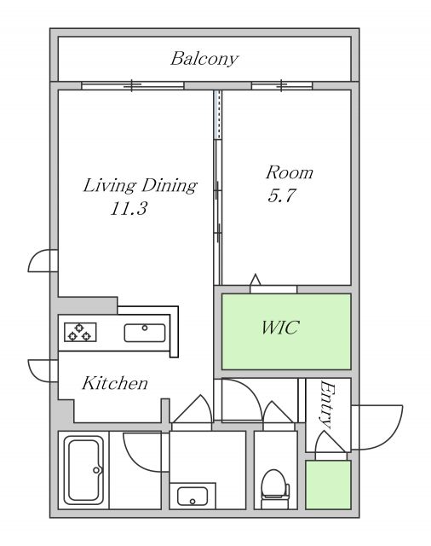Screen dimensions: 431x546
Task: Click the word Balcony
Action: [204, 59]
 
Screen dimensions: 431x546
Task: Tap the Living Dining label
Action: [140, 185]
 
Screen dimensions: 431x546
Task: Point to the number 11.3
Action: [129, 209]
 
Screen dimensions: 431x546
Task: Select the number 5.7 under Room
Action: [282, 195]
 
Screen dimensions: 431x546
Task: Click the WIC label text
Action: [280, 328]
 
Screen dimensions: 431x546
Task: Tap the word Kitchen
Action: [115, 383]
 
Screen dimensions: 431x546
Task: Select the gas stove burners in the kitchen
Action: [80, 332]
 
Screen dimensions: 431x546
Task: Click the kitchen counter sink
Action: [145, 333]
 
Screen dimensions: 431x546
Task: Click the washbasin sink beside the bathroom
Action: [193, 497]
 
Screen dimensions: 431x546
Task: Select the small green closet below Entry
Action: [328, 485]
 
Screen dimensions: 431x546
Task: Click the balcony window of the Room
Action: [282, 85]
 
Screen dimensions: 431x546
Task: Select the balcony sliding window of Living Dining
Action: [132, 85]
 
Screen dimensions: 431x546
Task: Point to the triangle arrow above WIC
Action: [256, 280]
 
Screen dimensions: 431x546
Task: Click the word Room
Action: [290, 172]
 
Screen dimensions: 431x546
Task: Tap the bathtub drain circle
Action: [96, 470]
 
